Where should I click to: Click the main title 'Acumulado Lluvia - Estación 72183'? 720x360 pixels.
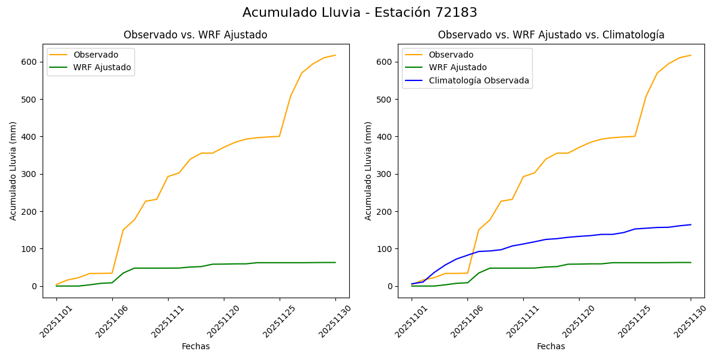360,13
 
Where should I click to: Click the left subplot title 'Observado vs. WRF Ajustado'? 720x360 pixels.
196,35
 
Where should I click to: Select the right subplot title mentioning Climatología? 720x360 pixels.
551,35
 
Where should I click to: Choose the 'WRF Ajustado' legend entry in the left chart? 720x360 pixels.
102,67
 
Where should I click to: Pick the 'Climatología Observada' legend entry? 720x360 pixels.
479,80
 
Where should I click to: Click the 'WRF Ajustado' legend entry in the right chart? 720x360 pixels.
457,67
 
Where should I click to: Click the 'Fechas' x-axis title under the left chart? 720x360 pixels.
196,346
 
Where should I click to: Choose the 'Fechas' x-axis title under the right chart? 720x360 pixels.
551,346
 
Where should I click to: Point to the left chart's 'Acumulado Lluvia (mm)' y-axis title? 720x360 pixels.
13,170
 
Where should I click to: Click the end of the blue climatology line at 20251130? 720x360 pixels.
691,224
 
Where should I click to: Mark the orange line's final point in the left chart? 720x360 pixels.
335,55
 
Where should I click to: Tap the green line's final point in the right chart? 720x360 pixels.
691,262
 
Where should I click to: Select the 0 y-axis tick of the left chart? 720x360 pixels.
35,286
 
